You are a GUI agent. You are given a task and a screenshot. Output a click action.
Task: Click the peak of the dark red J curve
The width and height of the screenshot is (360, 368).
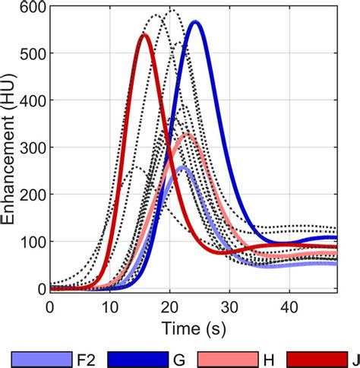pos(144,35)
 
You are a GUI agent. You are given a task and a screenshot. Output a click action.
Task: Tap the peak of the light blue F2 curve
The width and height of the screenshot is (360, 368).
pos(183,167)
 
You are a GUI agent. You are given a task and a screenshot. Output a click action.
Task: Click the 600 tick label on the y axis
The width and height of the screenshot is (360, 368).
pos(28,8)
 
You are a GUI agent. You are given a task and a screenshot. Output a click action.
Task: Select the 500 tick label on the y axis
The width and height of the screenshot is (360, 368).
pos(28,54)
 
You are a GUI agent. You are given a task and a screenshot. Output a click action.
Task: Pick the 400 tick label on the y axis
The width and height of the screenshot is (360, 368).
pos(28,101)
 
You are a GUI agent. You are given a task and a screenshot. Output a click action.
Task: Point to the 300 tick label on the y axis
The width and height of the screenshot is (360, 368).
pos(28,148)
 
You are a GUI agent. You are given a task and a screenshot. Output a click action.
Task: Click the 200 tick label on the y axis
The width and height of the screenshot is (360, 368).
pos(28,195)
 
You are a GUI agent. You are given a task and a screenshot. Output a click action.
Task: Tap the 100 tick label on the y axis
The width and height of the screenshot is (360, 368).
pos(28,242)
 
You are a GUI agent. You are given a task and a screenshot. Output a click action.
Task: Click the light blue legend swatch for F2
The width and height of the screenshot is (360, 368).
pos(36,357)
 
